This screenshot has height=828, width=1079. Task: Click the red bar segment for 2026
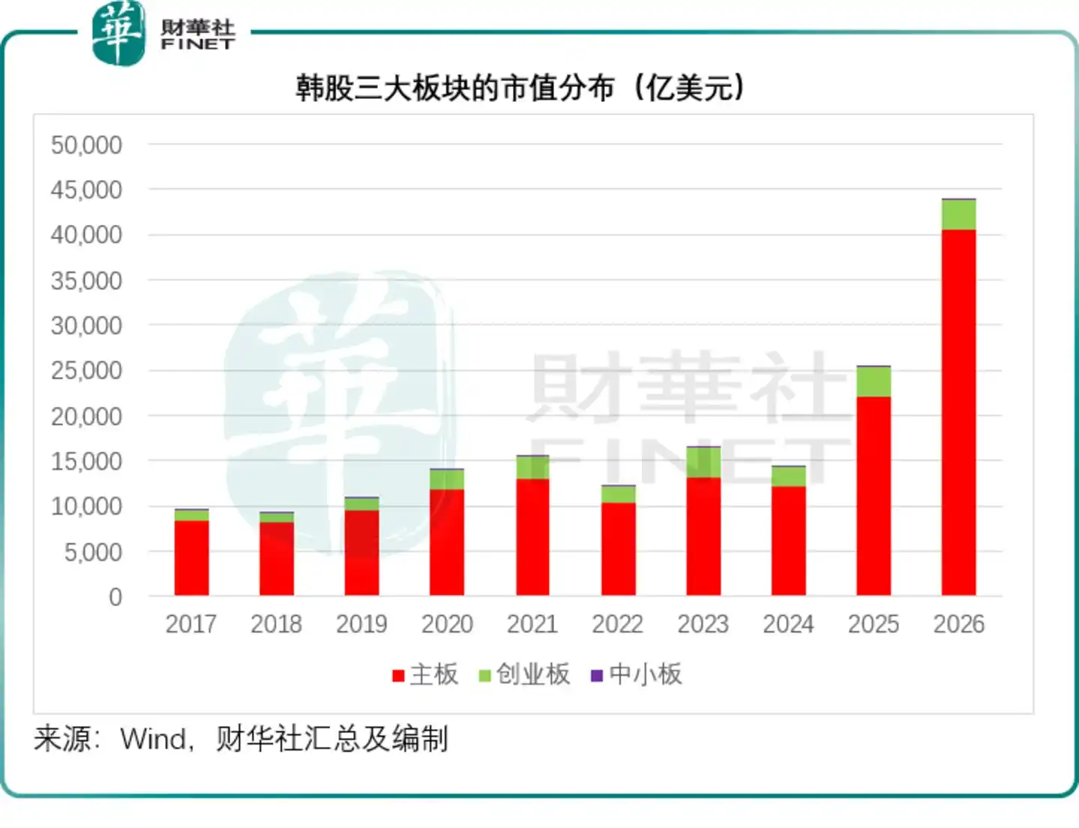pos(958,412)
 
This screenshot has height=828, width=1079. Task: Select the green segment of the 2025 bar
pos(874,381)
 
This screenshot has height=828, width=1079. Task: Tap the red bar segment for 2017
pos(192,557)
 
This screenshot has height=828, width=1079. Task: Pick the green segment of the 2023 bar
pos(703,462)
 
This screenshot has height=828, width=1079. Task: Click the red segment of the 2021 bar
pos(533,537)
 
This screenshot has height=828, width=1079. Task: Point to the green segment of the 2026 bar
pos(958,214)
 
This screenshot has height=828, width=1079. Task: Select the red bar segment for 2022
pos(618,549)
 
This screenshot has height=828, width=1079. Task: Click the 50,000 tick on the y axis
pos(86,145)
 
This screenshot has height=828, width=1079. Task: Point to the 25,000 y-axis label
pos(86,371)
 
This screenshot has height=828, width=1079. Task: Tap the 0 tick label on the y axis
pos(115,596)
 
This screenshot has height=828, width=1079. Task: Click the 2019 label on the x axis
pos(361,623)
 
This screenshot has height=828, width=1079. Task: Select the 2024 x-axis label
pos(788,623)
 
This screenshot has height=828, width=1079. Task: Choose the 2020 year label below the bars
pos(447,623)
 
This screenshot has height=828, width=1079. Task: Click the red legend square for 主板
pos(398,676)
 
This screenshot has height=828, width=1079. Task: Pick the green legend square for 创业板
pos(484,676)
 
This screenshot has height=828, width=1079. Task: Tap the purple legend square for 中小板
pos(597,676)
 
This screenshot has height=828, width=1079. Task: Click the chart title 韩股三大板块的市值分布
pos(455,89)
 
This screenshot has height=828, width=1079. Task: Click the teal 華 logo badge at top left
pos(118,33)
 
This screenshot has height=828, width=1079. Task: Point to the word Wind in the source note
pos(153,739)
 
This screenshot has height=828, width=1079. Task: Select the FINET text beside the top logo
pos(198,44)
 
